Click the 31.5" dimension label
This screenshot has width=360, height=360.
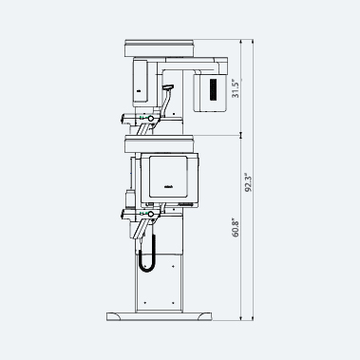point(236,88)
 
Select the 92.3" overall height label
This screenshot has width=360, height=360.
point(249,182)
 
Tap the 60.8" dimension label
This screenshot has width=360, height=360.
point(236,228)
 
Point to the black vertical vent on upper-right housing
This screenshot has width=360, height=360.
point(213,90)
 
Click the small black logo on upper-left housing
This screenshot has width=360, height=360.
point(139,91)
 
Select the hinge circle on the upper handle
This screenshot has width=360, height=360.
point(151,119)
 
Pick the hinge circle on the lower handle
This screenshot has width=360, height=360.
point(151,215)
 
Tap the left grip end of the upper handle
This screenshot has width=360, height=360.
point(123,119)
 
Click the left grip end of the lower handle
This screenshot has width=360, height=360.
point(123,215)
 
